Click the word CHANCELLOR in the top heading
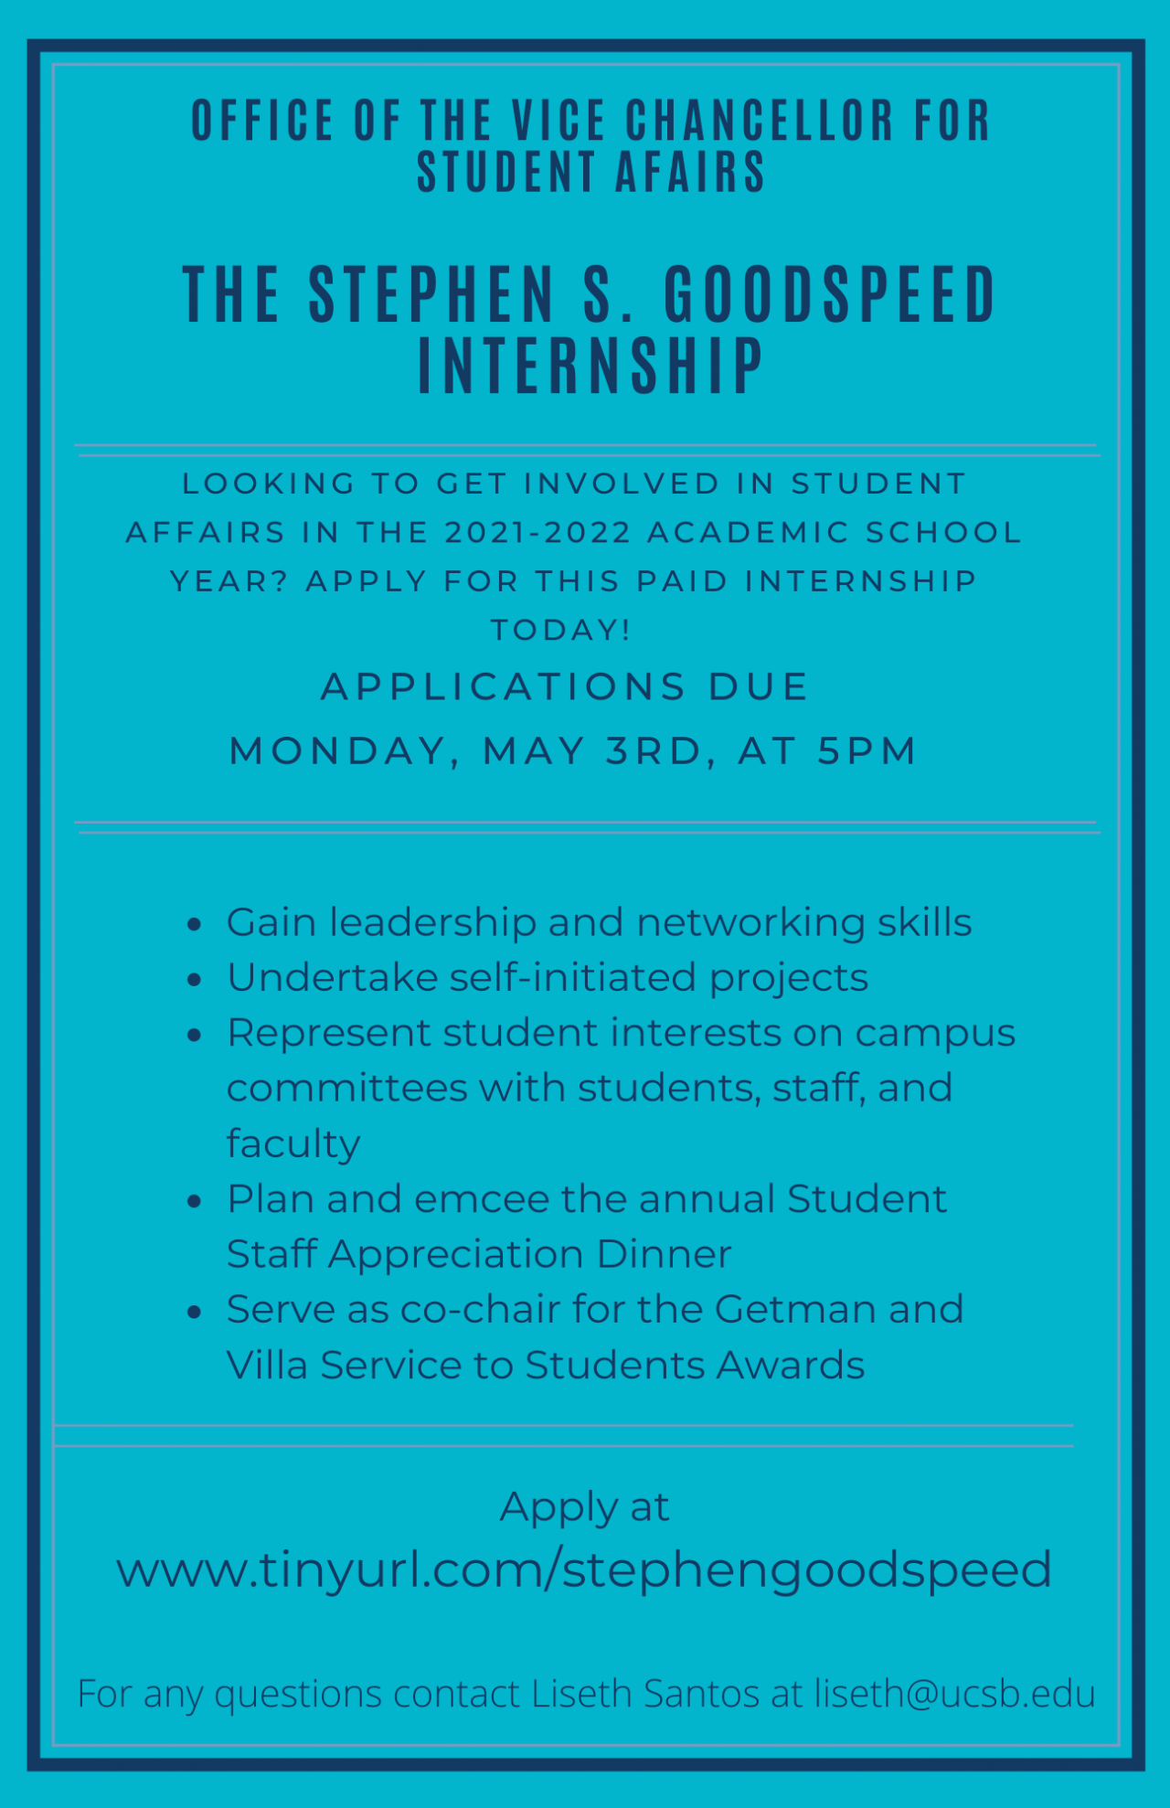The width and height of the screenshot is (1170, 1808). click(759, 121)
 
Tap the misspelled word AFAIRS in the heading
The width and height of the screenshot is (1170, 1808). click(690, 172)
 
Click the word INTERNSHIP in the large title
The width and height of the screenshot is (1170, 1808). click(590, 366)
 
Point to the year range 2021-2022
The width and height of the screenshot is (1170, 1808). click(538, 532)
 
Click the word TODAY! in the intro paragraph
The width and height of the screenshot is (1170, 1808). click(560, 630)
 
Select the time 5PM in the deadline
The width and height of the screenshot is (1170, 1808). click(867, 750)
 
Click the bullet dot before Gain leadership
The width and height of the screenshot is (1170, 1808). click(194, 924)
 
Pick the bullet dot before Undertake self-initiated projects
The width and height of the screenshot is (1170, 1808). click(194, 980)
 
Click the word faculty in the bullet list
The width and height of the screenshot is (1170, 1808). click(293, 1143)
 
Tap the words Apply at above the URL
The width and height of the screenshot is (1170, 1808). click(584, 1507)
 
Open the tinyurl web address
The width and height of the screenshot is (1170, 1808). click(584, 1570)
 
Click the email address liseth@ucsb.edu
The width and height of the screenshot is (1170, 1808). click(954, 1693)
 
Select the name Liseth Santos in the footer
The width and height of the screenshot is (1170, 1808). click(645, 1693)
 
